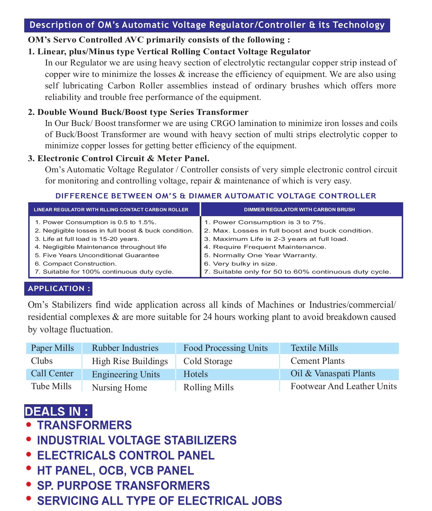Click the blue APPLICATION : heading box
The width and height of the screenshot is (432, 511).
(x=58, y=289)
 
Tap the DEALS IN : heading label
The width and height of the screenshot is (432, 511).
(x=58, y=411)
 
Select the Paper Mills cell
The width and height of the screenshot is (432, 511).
(x=53, y=348)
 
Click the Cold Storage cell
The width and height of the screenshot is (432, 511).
(x=208, y=361)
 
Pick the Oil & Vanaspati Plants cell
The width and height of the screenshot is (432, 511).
(x=333, y=374)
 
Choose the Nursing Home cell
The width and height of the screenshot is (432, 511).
(x=119, y=388)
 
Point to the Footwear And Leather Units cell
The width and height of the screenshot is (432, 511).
(x=344, y=386)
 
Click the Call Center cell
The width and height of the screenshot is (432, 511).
(x=52, y=374)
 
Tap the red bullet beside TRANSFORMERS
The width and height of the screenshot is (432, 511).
(x=29, y=425)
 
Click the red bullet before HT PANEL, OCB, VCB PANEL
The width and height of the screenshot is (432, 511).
(x=29, y=469)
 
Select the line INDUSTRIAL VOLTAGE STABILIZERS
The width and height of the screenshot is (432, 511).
(x=137, y=440)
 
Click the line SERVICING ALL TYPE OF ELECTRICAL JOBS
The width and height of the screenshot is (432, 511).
(x=159, y=501)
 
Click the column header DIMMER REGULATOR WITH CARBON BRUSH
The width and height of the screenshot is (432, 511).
(x=299, y=210)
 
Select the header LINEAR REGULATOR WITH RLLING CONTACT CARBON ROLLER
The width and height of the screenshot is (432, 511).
(x=111, y=210)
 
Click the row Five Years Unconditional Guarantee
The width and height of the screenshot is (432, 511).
(x=101, y=255)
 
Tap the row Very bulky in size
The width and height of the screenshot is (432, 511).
(x=245, y=264)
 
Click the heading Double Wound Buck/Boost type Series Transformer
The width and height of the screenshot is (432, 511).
(x=143, y=112)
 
